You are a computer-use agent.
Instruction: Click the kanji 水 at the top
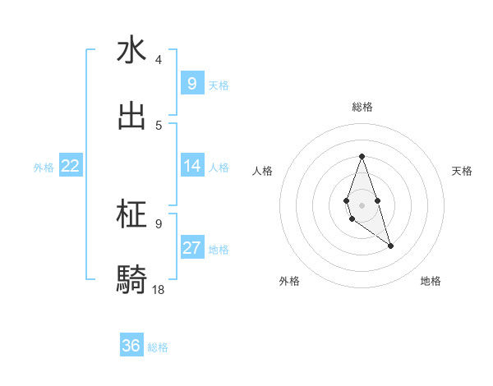point(131,50)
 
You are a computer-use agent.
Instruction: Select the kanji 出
point(131,116)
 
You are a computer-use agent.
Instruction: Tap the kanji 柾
point(131,214)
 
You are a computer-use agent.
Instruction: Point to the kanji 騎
point(131,280)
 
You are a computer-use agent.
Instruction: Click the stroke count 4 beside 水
point(159,60)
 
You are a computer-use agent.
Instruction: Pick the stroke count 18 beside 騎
point(159,289)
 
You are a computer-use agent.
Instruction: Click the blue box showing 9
point(191,84)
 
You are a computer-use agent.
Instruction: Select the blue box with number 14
point(191,166)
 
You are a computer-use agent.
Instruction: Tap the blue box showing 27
point(191,248)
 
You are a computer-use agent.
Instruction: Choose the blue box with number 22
point(70,166)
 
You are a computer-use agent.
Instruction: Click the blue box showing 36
point(131,346)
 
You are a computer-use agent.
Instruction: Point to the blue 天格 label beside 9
point(219,85)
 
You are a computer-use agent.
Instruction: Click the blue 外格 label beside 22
point(44,167)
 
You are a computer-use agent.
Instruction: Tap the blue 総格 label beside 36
point(158,347)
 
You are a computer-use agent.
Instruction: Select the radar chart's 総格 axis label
point(362,107)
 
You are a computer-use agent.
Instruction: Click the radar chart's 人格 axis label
point(262,171)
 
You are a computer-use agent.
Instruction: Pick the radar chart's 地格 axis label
point(431,281)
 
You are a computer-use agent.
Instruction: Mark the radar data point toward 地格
point(390,246)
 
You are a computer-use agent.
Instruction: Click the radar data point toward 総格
point(362,156)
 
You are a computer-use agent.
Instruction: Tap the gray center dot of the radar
point(362,204)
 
